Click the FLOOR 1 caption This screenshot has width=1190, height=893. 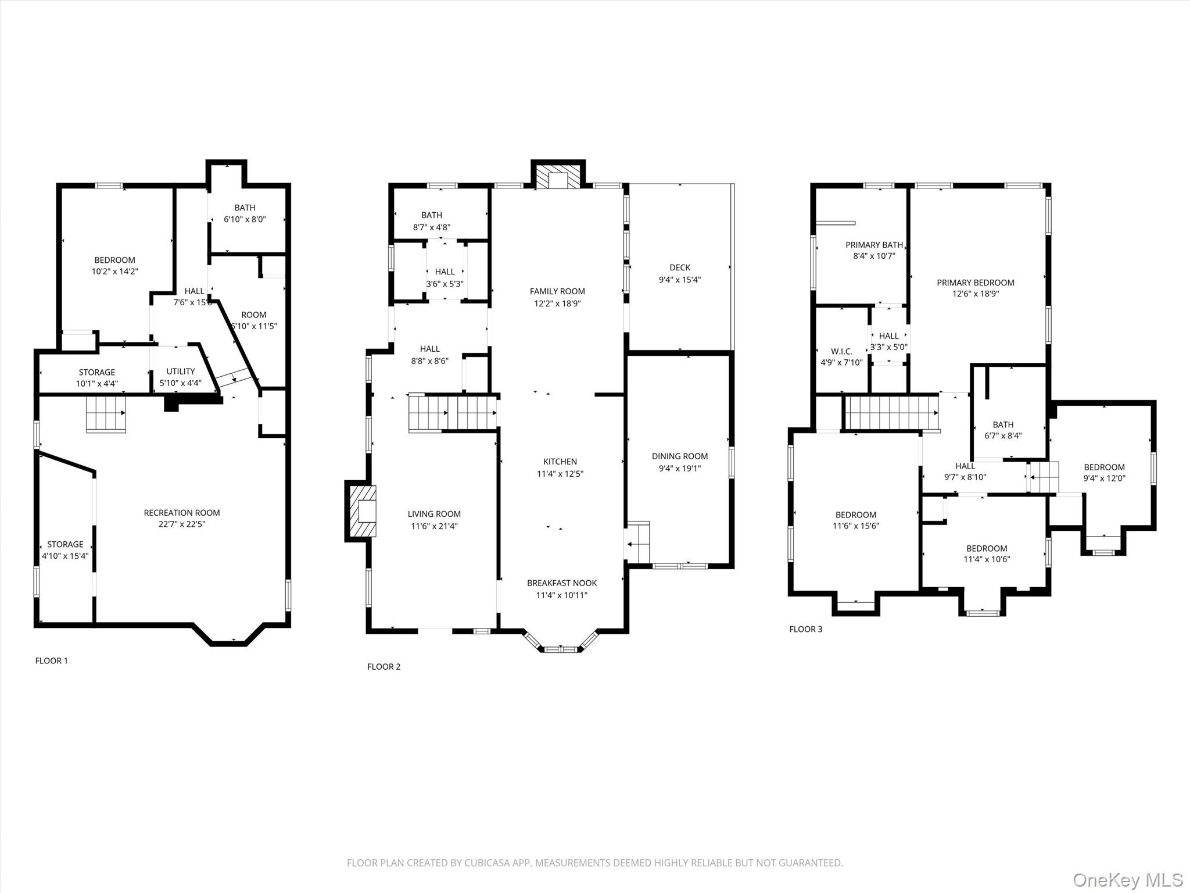51,660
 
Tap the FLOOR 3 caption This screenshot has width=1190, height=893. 805,629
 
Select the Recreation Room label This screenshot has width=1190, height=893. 182,513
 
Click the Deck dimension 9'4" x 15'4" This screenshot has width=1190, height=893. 679,280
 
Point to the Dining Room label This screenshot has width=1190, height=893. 679,456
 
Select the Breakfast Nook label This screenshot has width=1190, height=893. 561,583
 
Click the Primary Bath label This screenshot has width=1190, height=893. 873,245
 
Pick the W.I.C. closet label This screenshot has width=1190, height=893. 841,352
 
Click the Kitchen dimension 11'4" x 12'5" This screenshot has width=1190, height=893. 560,474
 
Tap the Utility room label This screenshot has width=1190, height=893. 180,372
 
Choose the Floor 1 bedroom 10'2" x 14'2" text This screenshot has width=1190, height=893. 114,272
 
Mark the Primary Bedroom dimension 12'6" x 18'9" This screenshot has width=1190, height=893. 975,294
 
